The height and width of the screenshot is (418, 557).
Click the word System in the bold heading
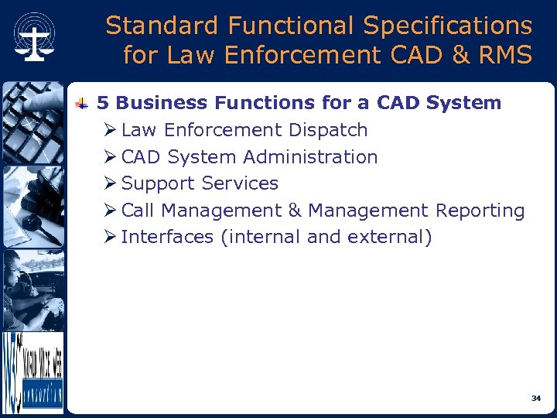(469, 103)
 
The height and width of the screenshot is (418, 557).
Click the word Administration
(310, 157)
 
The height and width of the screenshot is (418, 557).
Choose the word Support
(158, 184)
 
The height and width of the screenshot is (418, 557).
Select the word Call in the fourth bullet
(138, 211)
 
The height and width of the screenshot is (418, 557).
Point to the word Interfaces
(167, 237)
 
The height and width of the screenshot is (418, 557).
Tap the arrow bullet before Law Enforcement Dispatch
(111, 130)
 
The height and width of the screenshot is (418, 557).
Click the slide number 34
(535, 398)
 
